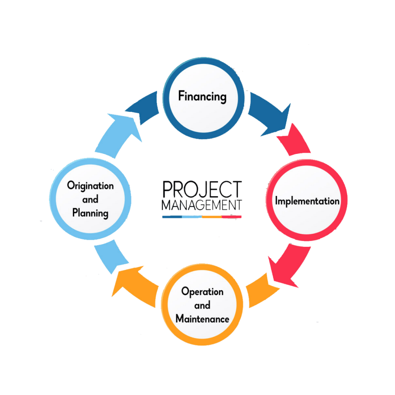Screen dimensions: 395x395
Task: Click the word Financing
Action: (x=202, y=96)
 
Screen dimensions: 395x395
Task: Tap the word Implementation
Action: (x=307, y=201)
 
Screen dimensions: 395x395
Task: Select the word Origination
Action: (x=90, y=186)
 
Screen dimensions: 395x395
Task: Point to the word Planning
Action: (x=90, y=213)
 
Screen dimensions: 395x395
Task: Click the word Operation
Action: (x=202, y=291)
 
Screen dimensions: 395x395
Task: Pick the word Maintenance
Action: (x=202, y=319)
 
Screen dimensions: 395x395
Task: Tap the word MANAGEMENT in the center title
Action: (x=202, y=205)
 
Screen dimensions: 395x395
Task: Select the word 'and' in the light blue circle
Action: (x=90, y=199)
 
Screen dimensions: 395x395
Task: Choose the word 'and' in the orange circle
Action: (x=202, y=305)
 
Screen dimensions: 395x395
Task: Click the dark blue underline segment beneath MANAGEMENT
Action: (x=172, y=217)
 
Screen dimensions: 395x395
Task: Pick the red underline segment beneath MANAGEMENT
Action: (x=232, y=217)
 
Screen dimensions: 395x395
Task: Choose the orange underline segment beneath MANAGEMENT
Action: (x=212, y=217)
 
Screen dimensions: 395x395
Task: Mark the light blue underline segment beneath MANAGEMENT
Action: (x=192, y=217)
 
